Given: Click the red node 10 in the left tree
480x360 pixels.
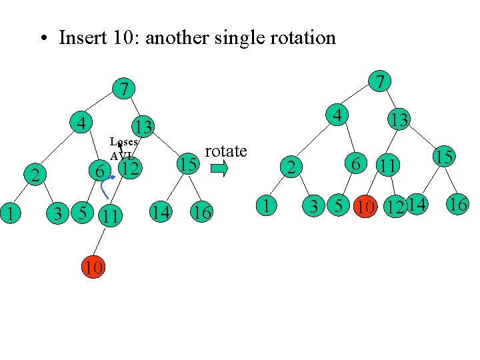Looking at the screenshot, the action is [x=93, y=268].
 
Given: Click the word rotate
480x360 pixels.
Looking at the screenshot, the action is [x=227, y=151].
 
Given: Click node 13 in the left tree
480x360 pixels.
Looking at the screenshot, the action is [x=143, y=126].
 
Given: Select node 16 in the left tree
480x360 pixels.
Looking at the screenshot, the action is [x=201, y=213].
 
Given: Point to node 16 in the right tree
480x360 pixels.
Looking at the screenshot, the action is [x=457, y=204].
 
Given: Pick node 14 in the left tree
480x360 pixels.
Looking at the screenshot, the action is [x=160, y=213].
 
